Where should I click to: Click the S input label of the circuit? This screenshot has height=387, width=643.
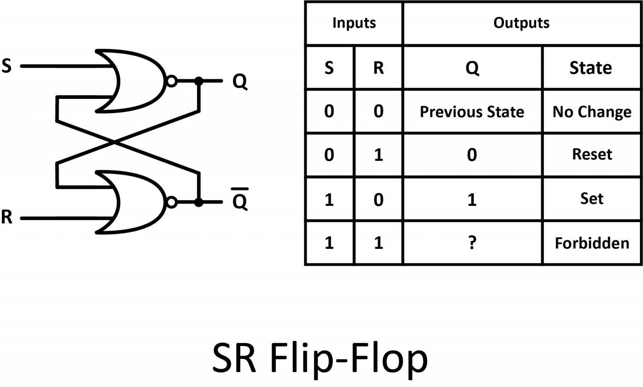(x=7, y=66)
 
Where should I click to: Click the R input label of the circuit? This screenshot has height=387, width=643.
(x=7, y=217)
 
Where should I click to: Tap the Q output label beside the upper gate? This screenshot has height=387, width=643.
(x=240, y=82)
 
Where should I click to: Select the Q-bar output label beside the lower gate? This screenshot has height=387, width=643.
(x=240, y=201)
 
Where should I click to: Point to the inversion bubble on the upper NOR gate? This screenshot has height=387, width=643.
(x=172, y=81)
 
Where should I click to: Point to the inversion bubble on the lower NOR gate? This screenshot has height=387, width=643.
(x=172, y=202)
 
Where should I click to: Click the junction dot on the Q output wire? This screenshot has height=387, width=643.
(x=199, y=81)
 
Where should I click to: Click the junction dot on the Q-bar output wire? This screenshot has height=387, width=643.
(x=199, y=202)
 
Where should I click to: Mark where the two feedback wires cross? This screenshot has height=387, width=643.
(x=115, y=141)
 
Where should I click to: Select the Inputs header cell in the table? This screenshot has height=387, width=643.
(x=354, y=23)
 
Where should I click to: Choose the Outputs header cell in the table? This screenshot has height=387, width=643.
(x=521, y=23)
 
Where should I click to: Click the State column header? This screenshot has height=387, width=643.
(x=591, y=68)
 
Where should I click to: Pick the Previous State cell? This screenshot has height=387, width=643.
(x=472, y=112)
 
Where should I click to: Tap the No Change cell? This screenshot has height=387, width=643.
(x=592, y=112)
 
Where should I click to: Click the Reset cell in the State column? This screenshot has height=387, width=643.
(x=592, y=154)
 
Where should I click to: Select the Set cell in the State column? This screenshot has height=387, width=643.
(x=592, y=199)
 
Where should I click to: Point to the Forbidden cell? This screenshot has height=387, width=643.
(x=592, y=243)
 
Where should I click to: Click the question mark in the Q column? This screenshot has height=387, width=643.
(x=472, y=243)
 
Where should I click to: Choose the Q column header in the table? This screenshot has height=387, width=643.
(x=472, y=68)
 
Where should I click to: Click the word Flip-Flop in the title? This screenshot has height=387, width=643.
(x=348, y=358)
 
